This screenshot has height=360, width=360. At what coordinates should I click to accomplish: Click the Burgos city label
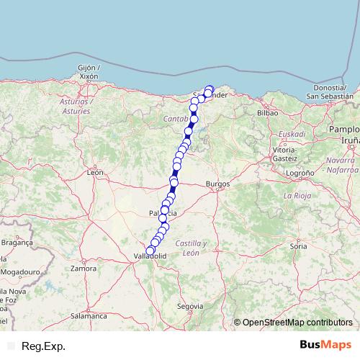click(x=217, y=184)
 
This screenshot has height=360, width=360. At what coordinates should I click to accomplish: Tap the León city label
click(x=94, y=173)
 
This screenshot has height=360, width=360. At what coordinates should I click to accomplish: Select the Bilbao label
click(x=267, y=113)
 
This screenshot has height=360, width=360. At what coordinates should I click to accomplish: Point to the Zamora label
click(x=84, y=269)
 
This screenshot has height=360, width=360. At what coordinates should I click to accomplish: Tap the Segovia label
click(x=190, y=306)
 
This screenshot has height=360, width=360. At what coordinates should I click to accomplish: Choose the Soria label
click(x=298, y=246)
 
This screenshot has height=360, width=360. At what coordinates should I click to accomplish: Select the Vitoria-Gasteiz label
click(x=285, y=153)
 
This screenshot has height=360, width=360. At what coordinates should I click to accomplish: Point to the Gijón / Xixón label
click(x=87, y=71)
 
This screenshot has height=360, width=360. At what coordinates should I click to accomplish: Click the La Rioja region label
click(x=297, y=196)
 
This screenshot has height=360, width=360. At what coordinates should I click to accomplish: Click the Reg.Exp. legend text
click(x=44, y=346)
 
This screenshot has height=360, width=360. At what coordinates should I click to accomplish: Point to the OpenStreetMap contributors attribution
click(x=297, y=323)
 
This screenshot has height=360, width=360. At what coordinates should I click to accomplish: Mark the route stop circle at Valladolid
click(x=150, y=251)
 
